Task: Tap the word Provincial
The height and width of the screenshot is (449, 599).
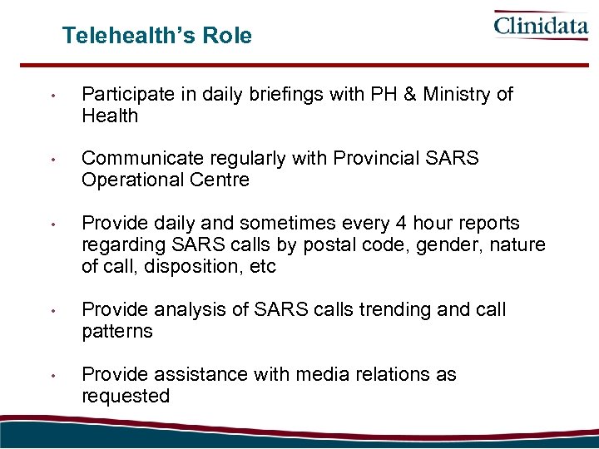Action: click(x=378, y=159)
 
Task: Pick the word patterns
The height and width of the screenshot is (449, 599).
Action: click(x=117, y=332)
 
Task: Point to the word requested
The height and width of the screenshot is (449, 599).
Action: click(x=125, y=397)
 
